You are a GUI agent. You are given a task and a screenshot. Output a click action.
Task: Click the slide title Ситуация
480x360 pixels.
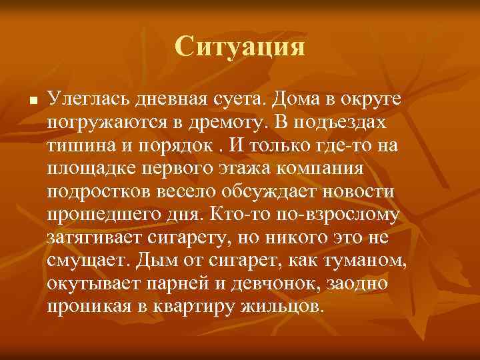240,47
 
